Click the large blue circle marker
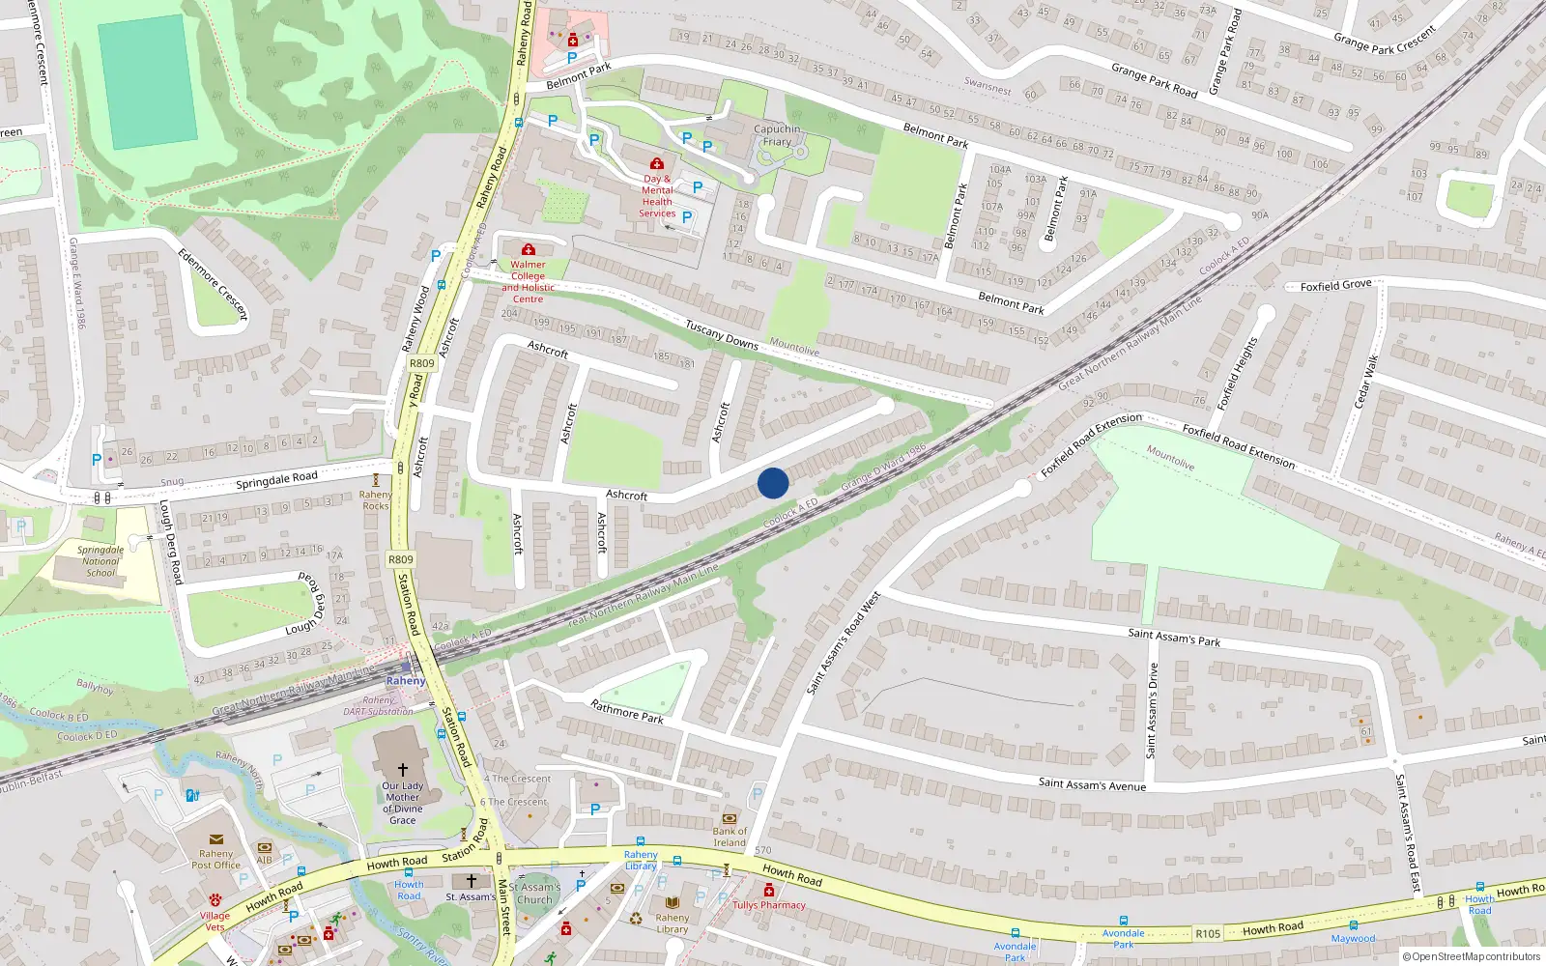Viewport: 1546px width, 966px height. [773, 483]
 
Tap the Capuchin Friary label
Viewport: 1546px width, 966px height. [777, 135]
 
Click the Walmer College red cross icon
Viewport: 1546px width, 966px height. [529, 250]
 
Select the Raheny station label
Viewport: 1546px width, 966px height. [406, 681]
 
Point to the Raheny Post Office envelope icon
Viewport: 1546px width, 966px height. [215, 839]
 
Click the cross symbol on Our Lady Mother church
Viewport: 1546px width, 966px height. [403, 770]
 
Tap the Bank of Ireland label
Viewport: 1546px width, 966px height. [730, 837]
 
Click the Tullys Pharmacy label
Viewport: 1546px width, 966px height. [769, 905]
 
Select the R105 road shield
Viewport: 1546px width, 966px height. [1208, 933]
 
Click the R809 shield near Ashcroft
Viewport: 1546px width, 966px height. [421, 363]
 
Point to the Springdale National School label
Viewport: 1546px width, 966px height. [100, 561]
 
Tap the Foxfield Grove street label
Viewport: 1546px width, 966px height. [1335, 286]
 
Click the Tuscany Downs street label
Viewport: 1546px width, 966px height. [722, 335]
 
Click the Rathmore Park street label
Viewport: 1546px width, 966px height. [626, 712]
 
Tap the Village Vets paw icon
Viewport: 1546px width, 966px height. [215, 899]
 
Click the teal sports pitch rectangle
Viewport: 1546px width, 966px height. [148, 82]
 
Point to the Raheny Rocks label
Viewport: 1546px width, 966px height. [376, 499]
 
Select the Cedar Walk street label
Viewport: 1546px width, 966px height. [1365, 381]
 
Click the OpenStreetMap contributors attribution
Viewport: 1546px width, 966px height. [1472, 956]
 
